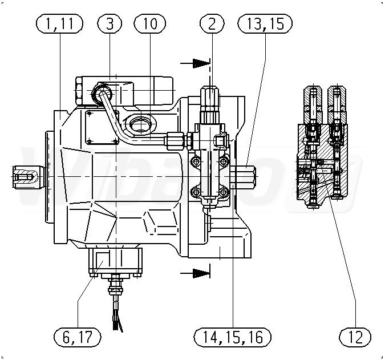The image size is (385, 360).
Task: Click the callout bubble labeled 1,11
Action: pyautogui.click(x=59, y=23)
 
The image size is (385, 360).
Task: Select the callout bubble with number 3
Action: pyautogui.click(x=110, y=23)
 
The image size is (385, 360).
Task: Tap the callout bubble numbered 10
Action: pyautogui.click(x=150, y=23)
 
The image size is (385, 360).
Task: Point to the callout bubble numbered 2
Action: pyautogui.click(x=212, y=23)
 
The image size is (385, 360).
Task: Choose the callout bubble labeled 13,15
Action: pyautogui.click(x=265, y=23)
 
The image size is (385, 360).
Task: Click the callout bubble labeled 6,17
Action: pyautogui.click(x=78, y=337)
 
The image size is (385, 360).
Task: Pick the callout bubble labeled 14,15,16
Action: pyautogui.click(x=233, y=337)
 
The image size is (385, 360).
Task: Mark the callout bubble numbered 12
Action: pyautogui.click(x=355, y=337)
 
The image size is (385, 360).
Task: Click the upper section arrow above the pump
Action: pyautogui.click(x=195, y=63)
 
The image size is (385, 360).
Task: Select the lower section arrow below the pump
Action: pyautogui.click(x=195, y=273)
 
